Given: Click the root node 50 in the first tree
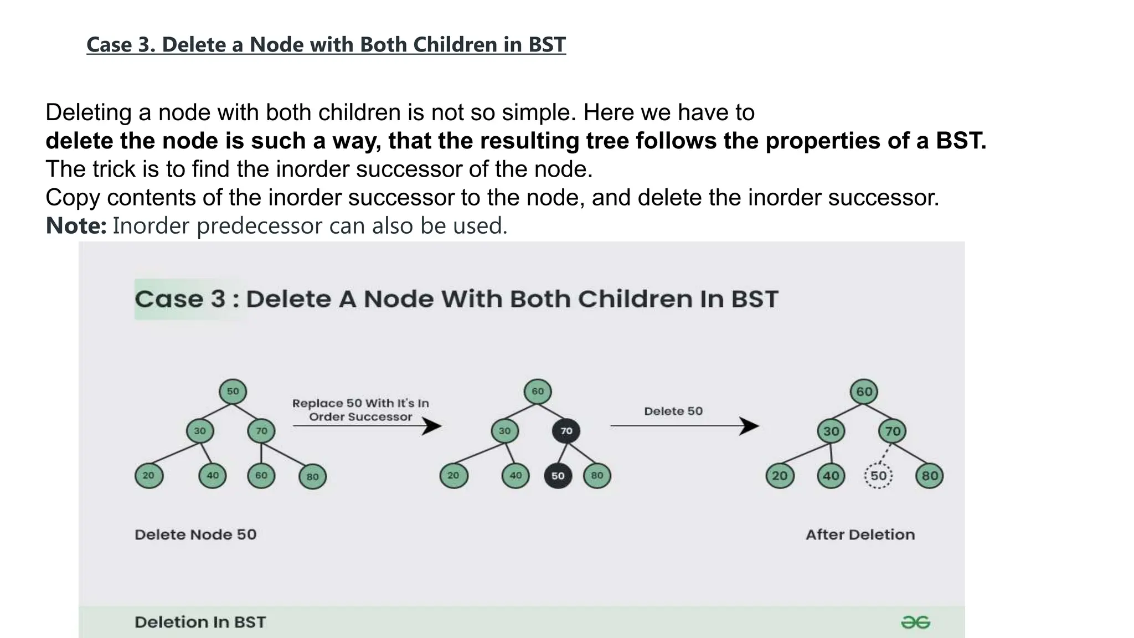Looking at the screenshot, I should pyautogui.click(x=233, y=392).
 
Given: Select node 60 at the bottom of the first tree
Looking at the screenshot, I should pyautogui.click(x=261, y=476).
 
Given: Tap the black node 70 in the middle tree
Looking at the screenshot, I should pyautogui.click(x=566, y=431).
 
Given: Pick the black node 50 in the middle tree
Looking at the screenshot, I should pyautogui.click(x=558, y=476).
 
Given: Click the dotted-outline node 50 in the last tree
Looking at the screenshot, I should pyautogui.click(x=878, y=476).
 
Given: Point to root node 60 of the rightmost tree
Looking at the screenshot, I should pyautogui.click(x=864, y=392).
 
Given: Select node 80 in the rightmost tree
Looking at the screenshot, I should pyautogui.click(x=929, y=476).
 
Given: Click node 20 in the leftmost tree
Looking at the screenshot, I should pyautogui.click(x=148, y=476).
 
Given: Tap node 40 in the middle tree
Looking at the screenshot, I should pyautogui.click(x=516, y=476).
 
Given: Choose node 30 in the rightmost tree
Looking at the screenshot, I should pyautogui.click(x=831, y=431).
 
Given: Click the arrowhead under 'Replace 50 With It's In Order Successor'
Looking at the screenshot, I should pyautogui.click(x=432, y=426).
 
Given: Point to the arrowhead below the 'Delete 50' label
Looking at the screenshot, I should pyautogui.click(x=750, y=426).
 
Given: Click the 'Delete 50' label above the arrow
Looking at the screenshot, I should pyautogui.click(x=673, y=411).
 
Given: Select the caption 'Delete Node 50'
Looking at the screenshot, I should pyautogui.click(x=195, y=534).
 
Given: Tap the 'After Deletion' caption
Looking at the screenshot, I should pyautogui.click(x=860, y=534).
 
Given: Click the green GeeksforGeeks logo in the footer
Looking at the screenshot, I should pyautogui.click(x=915, y=622).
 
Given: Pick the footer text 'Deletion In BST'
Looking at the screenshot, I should pyautogui.click(x=200, y=622).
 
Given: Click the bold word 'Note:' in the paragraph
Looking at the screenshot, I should pyautogui.click(x=76, y=226).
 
